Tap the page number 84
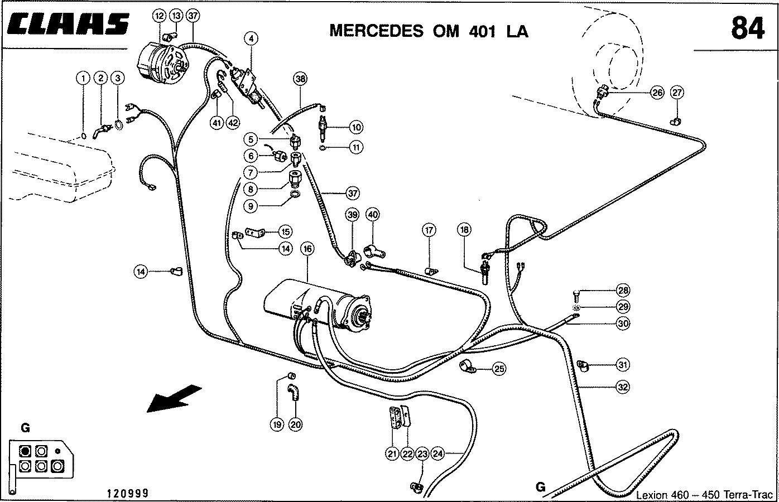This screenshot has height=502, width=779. tap(747, 28)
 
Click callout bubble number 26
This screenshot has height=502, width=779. tap(657, 93)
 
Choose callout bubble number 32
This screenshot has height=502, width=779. tap(623, 385)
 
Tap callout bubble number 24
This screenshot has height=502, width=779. tap(437, 454)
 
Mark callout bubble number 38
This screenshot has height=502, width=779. tap(300, 79)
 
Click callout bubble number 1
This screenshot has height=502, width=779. tap(83, 78)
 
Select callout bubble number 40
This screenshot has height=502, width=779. tap(372, 214)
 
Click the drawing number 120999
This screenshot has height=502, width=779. tap(128, 493)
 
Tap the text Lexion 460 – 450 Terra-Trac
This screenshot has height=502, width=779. tap(705, 494)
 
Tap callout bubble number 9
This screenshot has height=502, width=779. tap(251, 206)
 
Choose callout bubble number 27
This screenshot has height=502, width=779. tap(677, 92)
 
